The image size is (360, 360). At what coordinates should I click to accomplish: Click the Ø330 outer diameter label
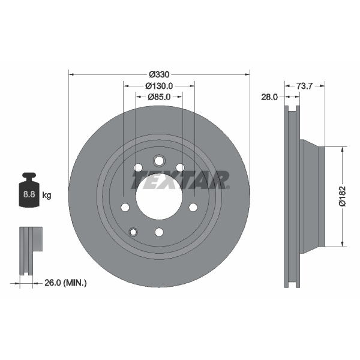159,74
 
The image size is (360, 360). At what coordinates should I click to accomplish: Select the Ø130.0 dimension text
159,86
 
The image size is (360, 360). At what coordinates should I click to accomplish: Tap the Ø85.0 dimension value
159,97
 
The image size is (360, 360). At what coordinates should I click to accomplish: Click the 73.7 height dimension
306,86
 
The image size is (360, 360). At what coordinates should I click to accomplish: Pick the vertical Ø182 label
343,196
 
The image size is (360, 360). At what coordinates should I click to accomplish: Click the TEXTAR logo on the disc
180,179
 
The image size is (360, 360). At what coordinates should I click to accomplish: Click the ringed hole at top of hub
159,161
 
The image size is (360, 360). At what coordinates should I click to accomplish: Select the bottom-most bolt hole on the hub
159,232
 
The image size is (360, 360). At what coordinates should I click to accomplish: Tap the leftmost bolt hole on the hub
125,207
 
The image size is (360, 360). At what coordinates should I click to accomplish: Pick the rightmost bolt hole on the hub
193,207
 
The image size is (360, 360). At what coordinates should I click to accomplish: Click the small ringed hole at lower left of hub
133,232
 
